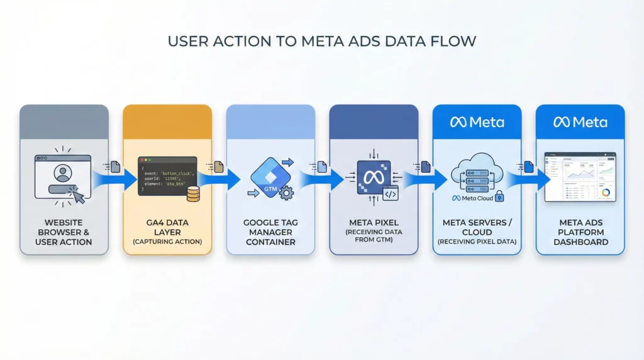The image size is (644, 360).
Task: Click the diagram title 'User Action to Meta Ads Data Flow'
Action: click(x=321, y=42)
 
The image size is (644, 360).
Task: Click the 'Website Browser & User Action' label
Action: click(x=64, y=232)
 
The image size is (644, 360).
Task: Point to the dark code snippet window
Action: click(x=166, y=176)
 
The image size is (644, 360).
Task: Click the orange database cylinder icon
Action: click(x=193, y=194)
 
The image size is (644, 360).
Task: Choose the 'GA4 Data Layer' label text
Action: click(x=167, y=227)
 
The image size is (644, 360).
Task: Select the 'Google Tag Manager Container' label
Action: click(x=270, y=232)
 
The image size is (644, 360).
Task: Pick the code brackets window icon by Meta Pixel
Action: click(x=390, y=194)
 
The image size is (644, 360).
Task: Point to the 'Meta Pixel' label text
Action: click(x=374, y=222)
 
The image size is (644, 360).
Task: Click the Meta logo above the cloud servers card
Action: click(x=477, y=121)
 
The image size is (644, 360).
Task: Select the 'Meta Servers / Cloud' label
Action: click(x=477, y=227)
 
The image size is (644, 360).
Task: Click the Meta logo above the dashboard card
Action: click(x=580, y=121)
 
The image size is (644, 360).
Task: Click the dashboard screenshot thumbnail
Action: click(x=580, y=177)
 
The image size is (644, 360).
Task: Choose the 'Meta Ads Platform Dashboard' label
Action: click(x=580, y=232)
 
